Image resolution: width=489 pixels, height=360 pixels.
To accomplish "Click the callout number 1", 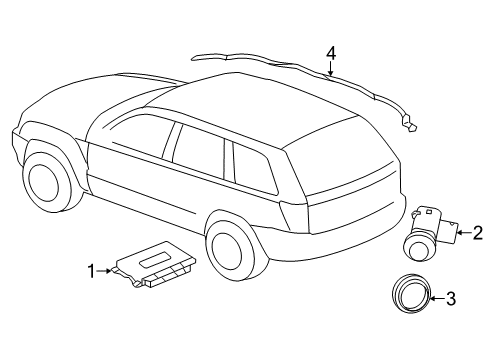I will pos(91,270).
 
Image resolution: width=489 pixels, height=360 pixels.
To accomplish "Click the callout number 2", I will pos(477,233).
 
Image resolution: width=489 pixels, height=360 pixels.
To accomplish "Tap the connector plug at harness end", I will pos(410,125).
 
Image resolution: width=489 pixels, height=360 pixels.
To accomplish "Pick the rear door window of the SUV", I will pos(198,155).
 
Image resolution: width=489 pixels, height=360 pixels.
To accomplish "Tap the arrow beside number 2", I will pos(462,233).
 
